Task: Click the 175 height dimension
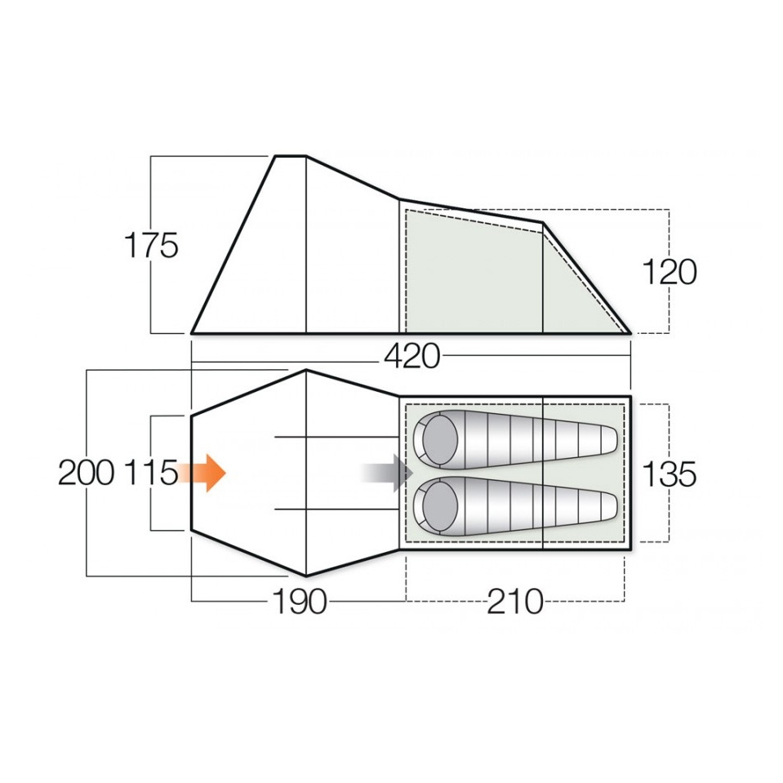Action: click(151, 246)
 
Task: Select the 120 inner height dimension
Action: click(669, 272)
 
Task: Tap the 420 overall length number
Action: click(412, 357)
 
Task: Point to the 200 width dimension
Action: click(86, 473)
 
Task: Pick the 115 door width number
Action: click(151, 473)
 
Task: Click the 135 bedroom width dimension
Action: click(669, 474)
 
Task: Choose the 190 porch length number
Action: click(300, 601)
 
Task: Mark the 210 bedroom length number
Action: click(515, 601)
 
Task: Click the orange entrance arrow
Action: click(202, 473)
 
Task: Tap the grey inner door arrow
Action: click(388, 473)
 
